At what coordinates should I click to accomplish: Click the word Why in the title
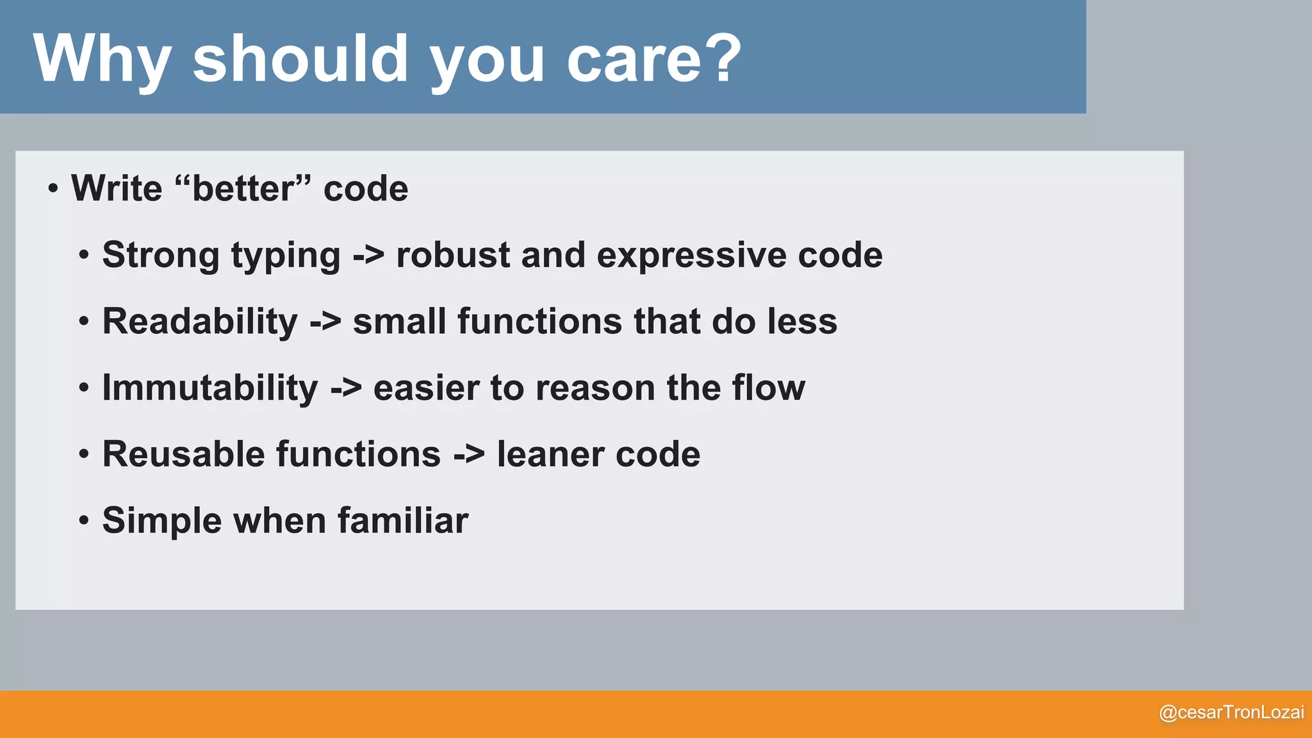pyautogui.click(x=101, y=59)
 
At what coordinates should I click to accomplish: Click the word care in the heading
pyautogui.click(x=634, y=60)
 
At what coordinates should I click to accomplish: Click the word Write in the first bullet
pyautogui.click(x=117, y=188)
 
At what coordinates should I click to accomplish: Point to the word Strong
pyautogui.click(x=160, y=255)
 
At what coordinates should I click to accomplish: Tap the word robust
pyautogui.click(x=453, y=255)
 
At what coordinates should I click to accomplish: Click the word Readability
pyautogui.click(x=200, y=322)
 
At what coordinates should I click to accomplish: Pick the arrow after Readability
pyautogui.click(x=325, y=322)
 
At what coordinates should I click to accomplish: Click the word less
pyautogui.click(x=802, y=322)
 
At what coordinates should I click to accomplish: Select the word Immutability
pyautogui.click(x=210, y=388)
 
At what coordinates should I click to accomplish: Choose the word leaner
pyautogui.click(x=550, y=454)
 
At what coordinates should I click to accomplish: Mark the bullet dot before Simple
pyautogui.click(x=84, y=521)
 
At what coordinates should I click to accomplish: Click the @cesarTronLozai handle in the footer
pyautogui.click(x=1231, y=712)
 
